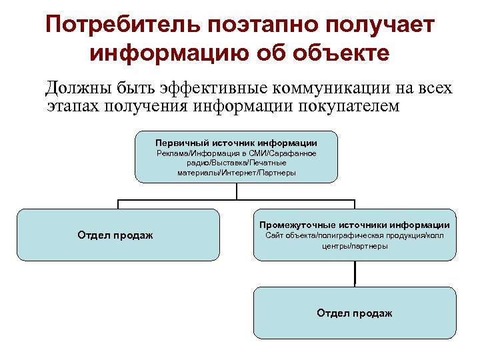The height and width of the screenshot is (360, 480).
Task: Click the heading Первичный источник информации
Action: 236,143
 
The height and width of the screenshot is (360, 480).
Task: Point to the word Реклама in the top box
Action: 172,153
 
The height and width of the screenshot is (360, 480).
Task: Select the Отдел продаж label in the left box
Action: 115,235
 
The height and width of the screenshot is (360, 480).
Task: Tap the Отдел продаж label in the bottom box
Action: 355,313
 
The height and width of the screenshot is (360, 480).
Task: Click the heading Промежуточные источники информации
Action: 355,225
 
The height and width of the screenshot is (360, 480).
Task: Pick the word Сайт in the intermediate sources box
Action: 274,236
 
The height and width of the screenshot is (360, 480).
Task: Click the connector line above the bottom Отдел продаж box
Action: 355,273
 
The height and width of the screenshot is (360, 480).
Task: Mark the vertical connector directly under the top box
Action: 236,191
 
